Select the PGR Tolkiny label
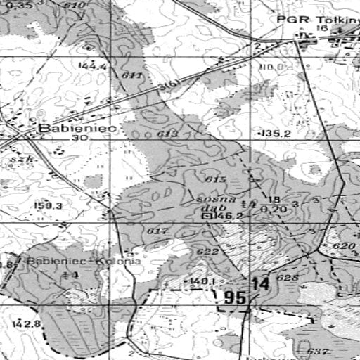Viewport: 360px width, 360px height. [x=318, y=19]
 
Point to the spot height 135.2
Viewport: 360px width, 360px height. [x=276, y=133]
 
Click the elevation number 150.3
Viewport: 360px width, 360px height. [x=49, y=206]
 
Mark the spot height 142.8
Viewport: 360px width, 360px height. [x=27, y=323]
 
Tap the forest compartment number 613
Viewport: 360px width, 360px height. [x=167, y=134]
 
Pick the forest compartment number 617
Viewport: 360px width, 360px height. [x=158, y=231]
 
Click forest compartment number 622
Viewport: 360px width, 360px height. [x=207, y=252]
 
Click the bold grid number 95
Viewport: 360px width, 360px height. [x=235, y=298]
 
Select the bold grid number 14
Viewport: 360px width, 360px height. [x=260, y=284]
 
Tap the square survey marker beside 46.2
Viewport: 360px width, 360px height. [x=207, y=217]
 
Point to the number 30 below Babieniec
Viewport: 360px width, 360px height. [x=79, y=139]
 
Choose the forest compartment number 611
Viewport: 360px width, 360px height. [x=131, y=75]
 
